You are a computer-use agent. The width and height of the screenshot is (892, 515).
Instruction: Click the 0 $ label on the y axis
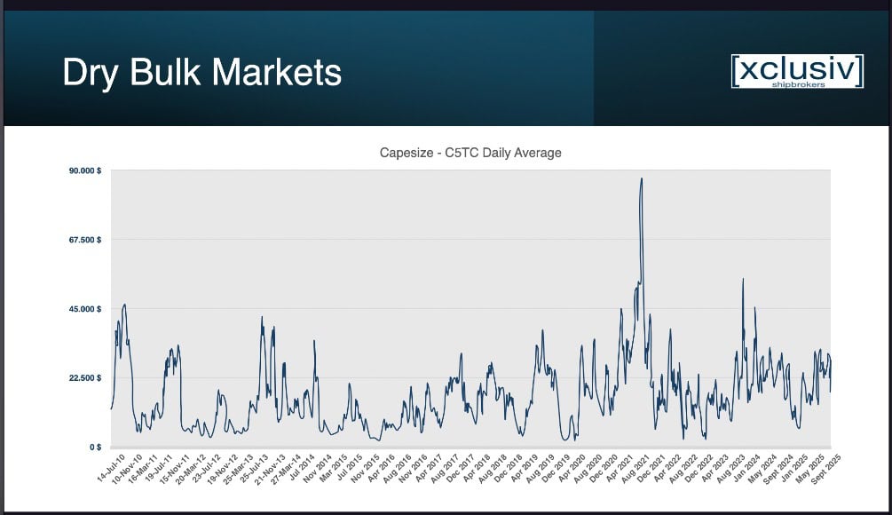pyautogui.click(x=92, y=447)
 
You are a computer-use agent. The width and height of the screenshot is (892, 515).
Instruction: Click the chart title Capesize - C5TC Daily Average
pyautogui.click(x=470, y=153)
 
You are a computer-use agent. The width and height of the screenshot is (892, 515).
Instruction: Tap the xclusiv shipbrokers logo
pyautogui.click(x=796, y=71)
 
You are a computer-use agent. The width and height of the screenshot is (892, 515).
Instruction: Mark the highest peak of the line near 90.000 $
pyautogui.click(x=641, y=178)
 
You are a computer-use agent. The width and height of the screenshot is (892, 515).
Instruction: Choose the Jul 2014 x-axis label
pyautogui.click(x=304, y=467)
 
